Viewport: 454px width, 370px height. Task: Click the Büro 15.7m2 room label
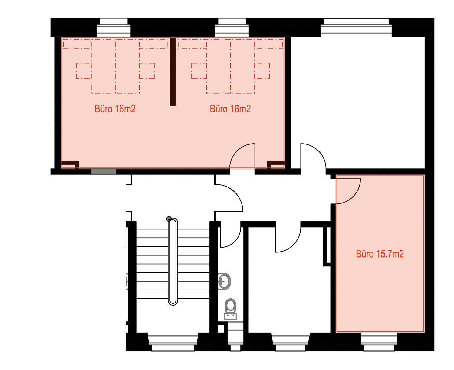coord(380,254)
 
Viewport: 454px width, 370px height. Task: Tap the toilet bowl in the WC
coord(230,305)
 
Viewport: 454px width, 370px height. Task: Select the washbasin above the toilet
coord(224,281)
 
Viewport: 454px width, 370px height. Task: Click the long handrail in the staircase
coord(173,261)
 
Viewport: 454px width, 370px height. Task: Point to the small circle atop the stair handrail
coord(169,219)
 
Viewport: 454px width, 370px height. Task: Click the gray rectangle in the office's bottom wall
coord(104,171)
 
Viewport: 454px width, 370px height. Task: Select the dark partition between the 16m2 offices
coord(173,71)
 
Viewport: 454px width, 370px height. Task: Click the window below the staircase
coord(173,342)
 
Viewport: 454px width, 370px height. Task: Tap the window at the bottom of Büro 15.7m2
coord(379,342)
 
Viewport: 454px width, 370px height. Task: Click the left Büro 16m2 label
coord(115,109)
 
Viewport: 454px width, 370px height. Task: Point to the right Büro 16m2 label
coord(230,109)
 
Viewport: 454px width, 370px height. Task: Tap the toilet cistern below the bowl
coord(231,316)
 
